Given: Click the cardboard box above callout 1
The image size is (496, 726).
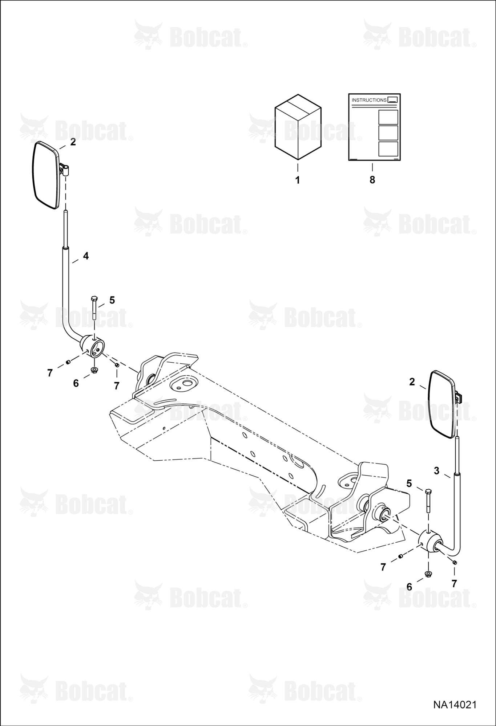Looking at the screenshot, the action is point(298,127).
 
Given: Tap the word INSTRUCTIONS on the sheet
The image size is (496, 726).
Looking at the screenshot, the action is point(369,100).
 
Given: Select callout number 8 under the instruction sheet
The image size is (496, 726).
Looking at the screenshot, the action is point(372,180).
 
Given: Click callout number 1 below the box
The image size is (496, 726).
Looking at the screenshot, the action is point(298,180).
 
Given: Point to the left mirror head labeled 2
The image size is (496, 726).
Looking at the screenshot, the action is point(47,175).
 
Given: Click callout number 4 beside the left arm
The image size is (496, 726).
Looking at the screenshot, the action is point(86,256).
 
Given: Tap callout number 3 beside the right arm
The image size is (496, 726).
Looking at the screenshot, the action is point(436,471).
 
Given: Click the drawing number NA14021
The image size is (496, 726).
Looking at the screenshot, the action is point(455,705).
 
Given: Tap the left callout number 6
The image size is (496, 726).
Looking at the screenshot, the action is point(76,383).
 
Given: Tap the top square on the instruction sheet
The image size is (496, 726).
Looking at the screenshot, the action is point(388,117).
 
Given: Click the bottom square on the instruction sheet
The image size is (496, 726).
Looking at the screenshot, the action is point(388,149).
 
